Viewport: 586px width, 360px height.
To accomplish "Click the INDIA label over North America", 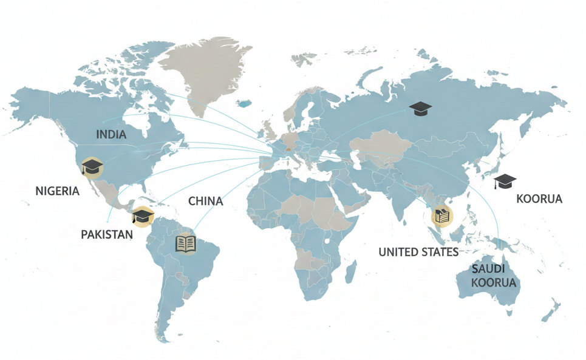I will pyautogui.click(x=112, y=135).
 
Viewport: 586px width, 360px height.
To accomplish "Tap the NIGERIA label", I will pyautogui.click(x=58, y=191).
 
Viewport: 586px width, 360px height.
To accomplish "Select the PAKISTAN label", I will pyautogui.click(x=107, y=234).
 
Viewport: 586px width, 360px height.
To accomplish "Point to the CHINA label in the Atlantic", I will pyautogui.click(x=205, y=201).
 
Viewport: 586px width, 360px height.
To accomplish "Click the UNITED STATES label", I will pyautogui.click(x=418, y=252).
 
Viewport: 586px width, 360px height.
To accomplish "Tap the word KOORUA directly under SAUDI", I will pyautogui.click(x=494, y=283).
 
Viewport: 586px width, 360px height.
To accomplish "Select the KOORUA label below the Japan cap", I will pyautogui.click(x=539, y=199).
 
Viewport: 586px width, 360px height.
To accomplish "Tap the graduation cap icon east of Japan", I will pyautogui.click(x=505, y=181).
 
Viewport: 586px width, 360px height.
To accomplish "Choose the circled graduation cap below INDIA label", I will pyautogui.click(x=92, y=166).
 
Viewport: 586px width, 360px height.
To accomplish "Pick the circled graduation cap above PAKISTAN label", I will pyautogui.click(x=142, y=216).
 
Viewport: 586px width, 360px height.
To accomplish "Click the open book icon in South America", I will pyautogui.click(x=186, y=244).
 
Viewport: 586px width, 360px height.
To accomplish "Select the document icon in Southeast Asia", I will pyautogui.click(x=441, y=216).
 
